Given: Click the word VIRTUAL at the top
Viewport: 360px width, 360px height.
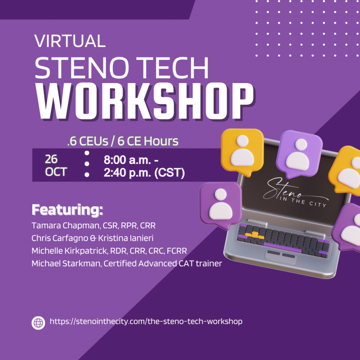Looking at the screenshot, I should point(70,41).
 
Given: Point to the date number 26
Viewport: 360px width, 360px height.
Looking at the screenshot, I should point(51,158).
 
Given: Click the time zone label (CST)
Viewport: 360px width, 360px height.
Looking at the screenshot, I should point(169,172).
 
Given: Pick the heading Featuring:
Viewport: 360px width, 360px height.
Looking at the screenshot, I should point(67,209).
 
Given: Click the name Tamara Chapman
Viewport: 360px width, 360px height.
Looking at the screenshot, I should point(60,225).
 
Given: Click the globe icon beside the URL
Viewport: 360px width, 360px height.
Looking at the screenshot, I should point(38,322).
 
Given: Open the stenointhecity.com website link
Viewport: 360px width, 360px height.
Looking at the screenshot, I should point(146,322).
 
